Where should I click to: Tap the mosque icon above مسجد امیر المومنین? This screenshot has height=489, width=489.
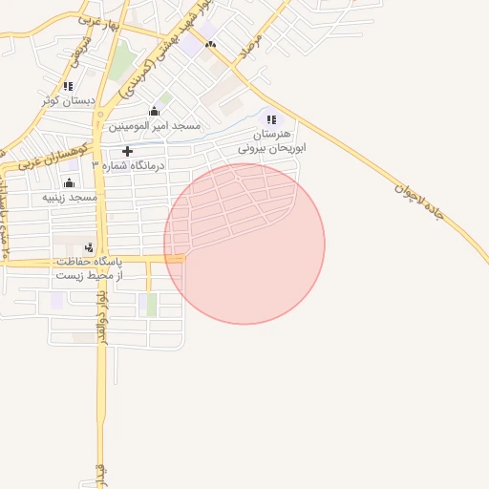(155, 111)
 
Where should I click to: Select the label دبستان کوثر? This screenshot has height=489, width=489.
(69, 99)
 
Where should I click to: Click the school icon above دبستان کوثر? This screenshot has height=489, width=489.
(68, 86)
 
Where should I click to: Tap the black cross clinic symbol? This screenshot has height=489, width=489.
(128, 151)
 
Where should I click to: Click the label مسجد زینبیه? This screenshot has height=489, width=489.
(70, 197)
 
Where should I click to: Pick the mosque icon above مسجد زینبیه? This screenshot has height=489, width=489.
(69, 183)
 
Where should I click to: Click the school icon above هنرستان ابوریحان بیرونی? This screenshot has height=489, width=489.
(271, 120)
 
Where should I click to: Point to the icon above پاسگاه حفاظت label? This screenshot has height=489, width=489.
(90, 247)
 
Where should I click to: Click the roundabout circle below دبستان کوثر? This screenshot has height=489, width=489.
(99, 116)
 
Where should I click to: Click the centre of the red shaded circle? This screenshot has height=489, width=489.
(244, 244)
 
